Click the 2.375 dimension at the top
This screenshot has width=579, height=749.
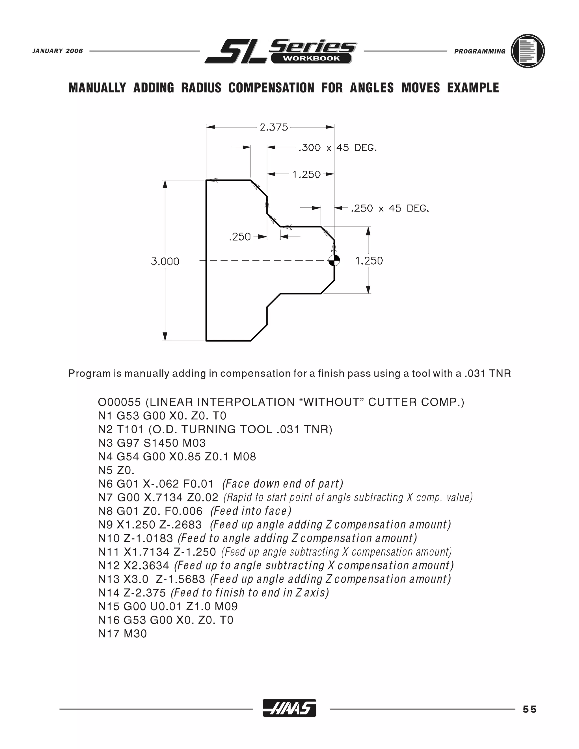(x=274, y=127)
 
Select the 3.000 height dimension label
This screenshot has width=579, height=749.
(x=165, y=262)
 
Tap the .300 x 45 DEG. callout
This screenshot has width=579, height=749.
(x=338, y=148)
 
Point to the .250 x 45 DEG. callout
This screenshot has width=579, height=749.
(x=390, y=209)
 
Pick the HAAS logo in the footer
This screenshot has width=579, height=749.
(x=289, y=708)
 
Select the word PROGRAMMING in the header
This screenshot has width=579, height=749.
(x=479, y=51)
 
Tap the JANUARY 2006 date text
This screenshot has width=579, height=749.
(x=58, y=51)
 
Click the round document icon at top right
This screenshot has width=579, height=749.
(x=528, y=51)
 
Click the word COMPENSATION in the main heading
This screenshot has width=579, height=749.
(x=271, y=88)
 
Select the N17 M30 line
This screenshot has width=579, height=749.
(x=122, y=633)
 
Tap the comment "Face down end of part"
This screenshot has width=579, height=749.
(x=283, y=484)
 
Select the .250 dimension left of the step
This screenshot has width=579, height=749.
(x=239, y=237)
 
